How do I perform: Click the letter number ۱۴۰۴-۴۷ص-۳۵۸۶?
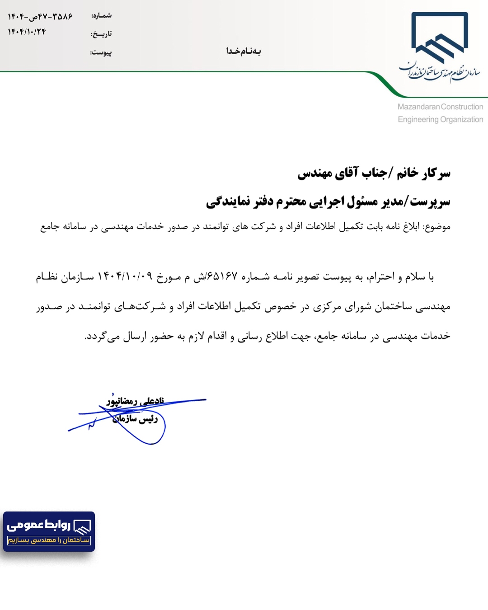40,17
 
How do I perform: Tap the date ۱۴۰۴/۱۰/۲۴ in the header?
27,32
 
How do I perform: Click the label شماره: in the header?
102,16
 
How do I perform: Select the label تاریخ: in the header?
101,34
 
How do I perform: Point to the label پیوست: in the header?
101,52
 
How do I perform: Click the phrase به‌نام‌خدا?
244,51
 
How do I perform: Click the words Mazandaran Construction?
440,107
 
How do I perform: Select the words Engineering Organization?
440,119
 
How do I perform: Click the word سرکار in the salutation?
436,173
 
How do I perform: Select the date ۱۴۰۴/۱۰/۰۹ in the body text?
125,277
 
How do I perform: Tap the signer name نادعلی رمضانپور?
135,401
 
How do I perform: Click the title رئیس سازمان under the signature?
135,419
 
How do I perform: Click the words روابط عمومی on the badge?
39,525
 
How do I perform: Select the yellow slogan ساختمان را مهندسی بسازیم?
49,540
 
